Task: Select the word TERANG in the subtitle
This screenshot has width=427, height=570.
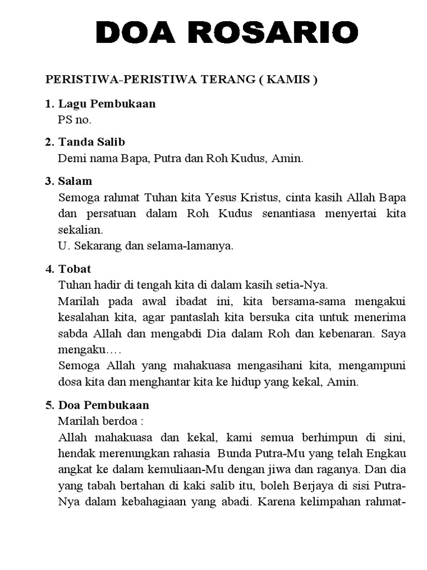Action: click(x=226, y=80)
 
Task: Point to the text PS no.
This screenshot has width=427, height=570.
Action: click(x=75, y=119)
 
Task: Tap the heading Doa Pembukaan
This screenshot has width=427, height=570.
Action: click(x=103, y=405)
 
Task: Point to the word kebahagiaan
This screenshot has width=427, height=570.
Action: click(x=172, y=501)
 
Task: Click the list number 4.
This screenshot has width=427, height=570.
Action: click(x=48, y=269)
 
